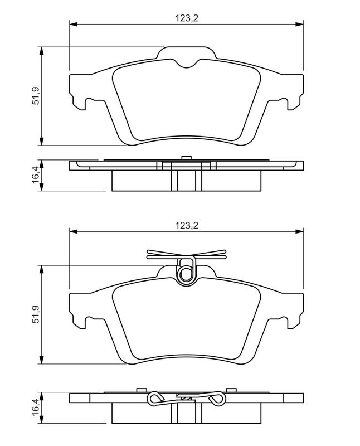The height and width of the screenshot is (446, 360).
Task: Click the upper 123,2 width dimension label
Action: [187, 18]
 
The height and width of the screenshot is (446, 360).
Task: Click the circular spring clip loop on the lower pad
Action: [186, 272]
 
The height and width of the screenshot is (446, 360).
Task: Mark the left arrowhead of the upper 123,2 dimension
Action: [72, 25]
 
